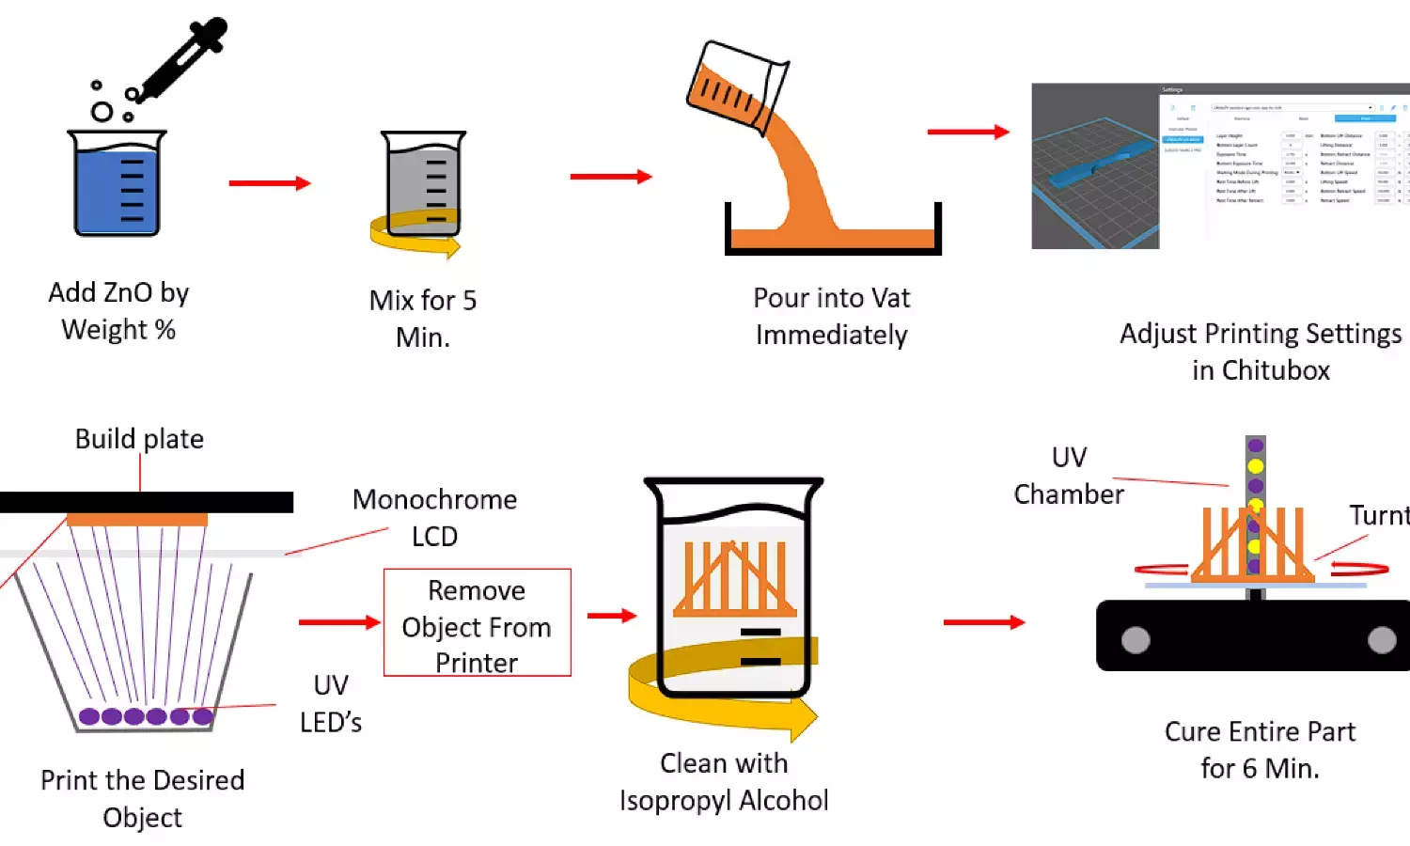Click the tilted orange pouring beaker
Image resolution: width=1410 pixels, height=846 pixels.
click(733, 85)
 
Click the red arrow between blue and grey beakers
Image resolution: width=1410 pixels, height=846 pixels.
click(270, 183)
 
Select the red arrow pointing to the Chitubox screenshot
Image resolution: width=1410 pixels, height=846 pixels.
click(968, 133)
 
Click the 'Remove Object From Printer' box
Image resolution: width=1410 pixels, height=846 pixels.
click(477, 622)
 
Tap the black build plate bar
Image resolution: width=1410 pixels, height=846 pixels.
click(147, 502)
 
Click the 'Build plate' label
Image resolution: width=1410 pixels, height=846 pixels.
click(139, 439)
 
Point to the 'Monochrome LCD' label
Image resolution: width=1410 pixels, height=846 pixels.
click(434, 517)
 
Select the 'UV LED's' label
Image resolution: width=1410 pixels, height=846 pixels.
click(331, 703)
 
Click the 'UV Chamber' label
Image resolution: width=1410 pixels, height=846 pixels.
click(1069, 476)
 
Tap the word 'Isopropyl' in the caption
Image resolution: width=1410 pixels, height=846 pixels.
click(674, 801)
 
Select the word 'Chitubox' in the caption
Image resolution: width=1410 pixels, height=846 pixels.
click(1276, 370)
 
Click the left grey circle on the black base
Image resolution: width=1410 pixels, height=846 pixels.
click(1136, 640)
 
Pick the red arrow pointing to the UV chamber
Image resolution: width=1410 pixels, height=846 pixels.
click(983, 622)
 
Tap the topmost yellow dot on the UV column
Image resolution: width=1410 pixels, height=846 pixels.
click(1256, 466)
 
